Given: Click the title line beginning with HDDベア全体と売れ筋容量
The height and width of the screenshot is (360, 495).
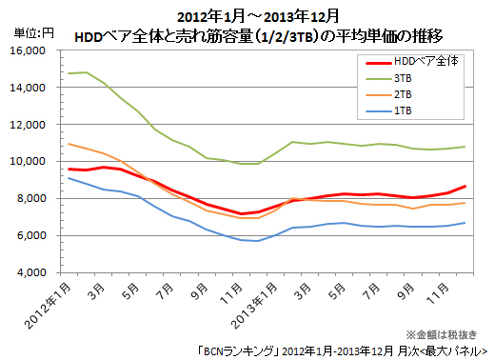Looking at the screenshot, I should coord(249,35).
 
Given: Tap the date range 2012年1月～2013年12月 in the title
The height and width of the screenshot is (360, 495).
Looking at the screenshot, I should coord(247,16).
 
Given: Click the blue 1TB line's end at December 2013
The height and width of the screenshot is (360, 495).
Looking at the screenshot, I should coord(465,223).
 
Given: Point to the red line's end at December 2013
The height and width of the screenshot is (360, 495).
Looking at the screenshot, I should coord(465,187).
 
